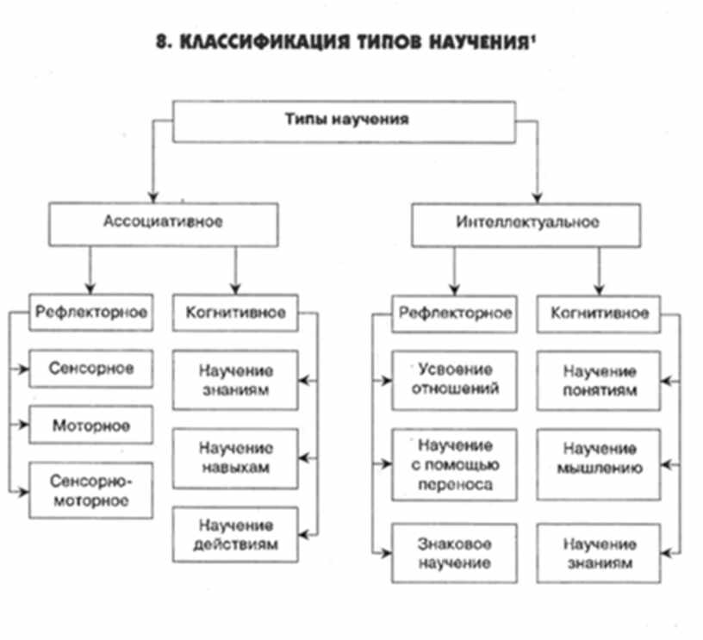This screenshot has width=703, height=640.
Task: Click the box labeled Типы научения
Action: pos(345,121)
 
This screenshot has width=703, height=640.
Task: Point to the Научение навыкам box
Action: pos(235,458)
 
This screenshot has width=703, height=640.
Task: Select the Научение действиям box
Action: pos(235,534)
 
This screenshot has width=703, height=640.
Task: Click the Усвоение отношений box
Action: pos(454,380)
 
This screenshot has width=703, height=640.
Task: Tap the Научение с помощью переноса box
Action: pos(454,465)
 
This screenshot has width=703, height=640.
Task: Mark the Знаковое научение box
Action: pos(454,554)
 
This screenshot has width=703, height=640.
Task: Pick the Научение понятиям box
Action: pos(600,380)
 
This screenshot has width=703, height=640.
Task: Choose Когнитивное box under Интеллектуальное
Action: pos(600,313)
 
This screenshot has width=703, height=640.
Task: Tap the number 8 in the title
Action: pos(161,44)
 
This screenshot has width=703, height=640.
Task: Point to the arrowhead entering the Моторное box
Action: pos(25,426)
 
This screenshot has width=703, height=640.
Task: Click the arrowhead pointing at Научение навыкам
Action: pos(304,458)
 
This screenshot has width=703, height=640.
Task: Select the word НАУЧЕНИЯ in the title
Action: pos(478,44)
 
